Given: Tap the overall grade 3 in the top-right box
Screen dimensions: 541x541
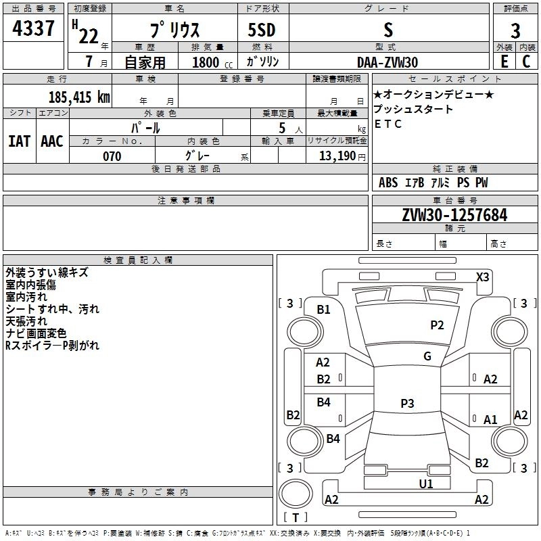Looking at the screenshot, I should click(x=515, y=31).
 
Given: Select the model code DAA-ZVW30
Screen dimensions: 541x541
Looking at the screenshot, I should click(x=387, y=62).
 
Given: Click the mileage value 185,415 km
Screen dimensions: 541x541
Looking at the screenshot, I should click(x=80, y=97).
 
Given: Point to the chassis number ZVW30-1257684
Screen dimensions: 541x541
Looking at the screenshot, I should click(x=454, y=215).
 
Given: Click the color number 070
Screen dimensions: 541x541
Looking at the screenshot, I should click(x=112, y=156).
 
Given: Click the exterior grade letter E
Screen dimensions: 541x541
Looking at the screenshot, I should click(x=504, y=62).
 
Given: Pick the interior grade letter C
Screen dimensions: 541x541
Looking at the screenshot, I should click(x=525, y=62).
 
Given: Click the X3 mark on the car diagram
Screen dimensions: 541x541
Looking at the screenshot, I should click(x=482, y=277).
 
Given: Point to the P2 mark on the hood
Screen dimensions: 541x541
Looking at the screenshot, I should click(x=438, y=325).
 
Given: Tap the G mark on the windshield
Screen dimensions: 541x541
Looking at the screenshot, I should click(x=427, y=356).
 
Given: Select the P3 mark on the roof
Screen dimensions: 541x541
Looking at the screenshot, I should click(x=407, y=404).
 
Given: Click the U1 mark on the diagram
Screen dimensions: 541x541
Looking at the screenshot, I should click(x=426, y=484).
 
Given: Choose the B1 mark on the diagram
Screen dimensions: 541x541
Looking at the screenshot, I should click(x=324, y=310).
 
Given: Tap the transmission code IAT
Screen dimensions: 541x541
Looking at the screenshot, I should click(x=18, y=141).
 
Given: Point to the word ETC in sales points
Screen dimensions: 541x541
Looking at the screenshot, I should click(x=388, y=124).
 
